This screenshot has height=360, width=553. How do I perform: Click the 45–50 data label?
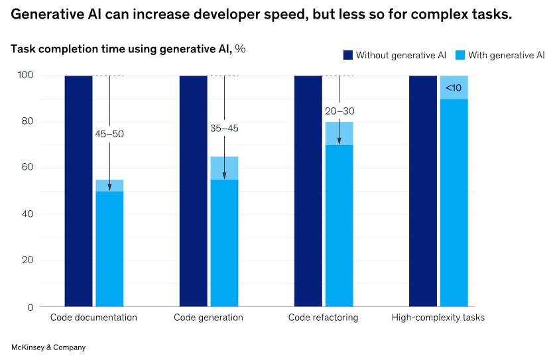(x=109, y=134)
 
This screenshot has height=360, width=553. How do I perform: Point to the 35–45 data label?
(x=224, y=129)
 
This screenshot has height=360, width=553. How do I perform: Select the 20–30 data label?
(x=339, y=111)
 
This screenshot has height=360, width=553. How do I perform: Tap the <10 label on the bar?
(x=454, y=88)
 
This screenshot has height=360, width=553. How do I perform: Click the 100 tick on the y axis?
(x=24, y=76)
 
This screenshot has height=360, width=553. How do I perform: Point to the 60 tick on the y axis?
(x=26, y=168)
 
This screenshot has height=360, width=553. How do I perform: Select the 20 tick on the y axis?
(x=26, y=261)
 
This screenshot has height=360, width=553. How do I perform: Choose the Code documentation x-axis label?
(x=93, y=318)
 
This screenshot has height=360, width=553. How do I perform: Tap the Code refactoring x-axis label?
(x=323, y=318)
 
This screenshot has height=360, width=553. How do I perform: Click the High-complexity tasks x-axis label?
(x=438, y=318)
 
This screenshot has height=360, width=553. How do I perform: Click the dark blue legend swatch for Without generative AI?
(x=347, y=55)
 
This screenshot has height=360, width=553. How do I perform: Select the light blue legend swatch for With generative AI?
(x=460, y=55)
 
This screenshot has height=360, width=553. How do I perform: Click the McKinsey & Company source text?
(x=48, y=347)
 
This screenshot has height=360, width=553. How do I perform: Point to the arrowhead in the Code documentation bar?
(x=109, y=188)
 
